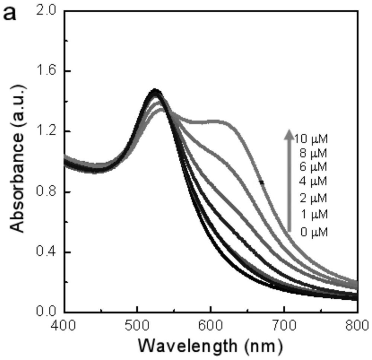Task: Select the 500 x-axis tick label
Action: pos(137,325)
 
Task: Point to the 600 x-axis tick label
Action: pos(211,325)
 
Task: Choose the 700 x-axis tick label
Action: pos(284,325)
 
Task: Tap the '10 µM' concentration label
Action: pos(311,139)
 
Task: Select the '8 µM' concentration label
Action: pos(313,153)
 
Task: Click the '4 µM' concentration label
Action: pos(313,181)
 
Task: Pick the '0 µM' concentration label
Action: pos(314,232)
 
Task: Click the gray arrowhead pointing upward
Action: pos(289,134)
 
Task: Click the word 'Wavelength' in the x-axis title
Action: pos(188,345)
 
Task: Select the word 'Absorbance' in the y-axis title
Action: pos(17,185)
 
